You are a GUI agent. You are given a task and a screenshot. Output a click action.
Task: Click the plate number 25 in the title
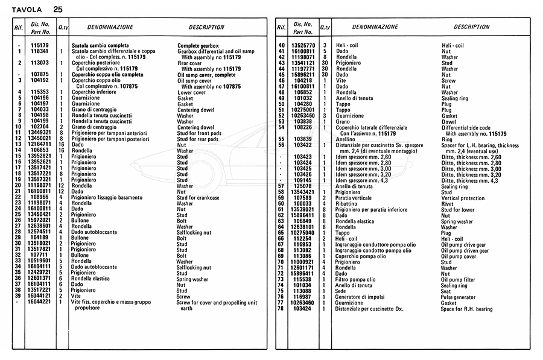pyautogui.click(x=57, y=10)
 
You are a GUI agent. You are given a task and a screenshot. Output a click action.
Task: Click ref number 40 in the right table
pyautogui.click(x=281, y=46)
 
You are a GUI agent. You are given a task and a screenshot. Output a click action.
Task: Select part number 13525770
pyautogui.click(x=303, y=46)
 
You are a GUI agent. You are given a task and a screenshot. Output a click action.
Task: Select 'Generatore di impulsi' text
pyautogui.click(x=361, y=297)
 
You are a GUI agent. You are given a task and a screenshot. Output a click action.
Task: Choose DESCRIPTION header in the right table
pyautogui.click(x=471, y=27)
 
